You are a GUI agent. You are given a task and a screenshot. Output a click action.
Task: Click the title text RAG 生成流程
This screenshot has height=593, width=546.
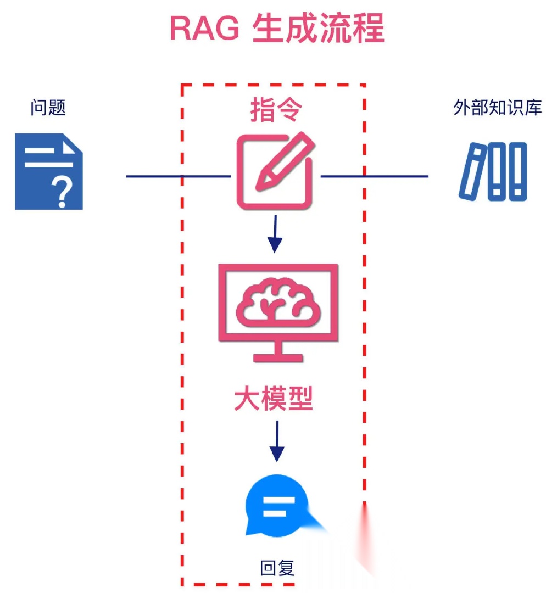[x=276, y=28]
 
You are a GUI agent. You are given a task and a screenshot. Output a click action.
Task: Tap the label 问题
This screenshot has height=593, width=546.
[x=48, y=107]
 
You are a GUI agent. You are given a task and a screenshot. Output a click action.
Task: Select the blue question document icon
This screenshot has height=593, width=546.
[x=48, y=171]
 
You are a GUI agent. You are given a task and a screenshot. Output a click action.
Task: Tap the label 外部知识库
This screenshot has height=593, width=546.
[x=498, y=107]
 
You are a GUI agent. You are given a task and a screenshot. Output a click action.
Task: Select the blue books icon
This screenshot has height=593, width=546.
[x=493, y=171]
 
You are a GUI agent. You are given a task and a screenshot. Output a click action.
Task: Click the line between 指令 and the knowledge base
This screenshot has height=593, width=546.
[x=374, y=176]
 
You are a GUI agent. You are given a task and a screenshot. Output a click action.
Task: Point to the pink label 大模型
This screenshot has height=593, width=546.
[x=274, y=399]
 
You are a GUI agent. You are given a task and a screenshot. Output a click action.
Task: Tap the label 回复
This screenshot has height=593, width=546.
[x=277, y=567]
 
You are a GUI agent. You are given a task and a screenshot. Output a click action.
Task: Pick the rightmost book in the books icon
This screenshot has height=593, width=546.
[x=517, y=171]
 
